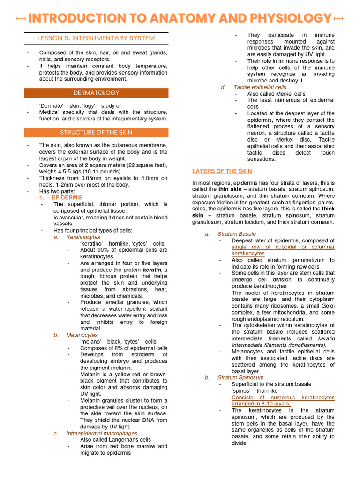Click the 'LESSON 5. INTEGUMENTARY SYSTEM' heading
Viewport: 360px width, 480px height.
96,38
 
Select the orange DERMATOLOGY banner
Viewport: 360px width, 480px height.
96,93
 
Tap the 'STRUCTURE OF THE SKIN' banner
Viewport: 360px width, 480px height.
96,133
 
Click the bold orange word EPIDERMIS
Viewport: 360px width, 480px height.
67,198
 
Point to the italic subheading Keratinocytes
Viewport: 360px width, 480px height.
83,237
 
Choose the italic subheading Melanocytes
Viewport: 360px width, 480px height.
82,335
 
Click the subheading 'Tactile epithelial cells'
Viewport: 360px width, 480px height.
260,87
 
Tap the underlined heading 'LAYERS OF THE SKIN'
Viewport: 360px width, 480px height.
222,171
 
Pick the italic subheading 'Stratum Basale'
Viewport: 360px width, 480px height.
237,234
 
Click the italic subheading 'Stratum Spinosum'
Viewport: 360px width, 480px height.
240,377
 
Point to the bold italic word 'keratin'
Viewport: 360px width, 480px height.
152,270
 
